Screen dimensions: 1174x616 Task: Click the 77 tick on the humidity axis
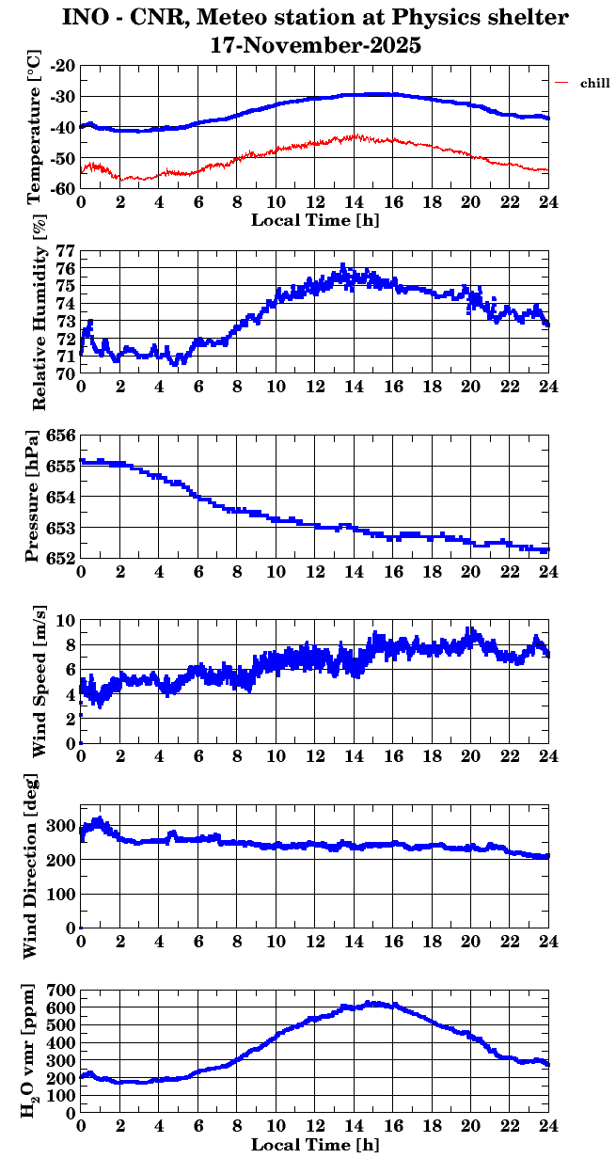[x=67, y=252]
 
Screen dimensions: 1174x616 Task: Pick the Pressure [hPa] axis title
[x=33, y=497]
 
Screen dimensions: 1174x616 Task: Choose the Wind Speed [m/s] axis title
[x=39, y=682]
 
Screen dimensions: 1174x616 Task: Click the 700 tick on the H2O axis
[x=61, y=991]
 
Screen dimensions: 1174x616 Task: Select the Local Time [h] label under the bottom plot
[x=315, y=1145]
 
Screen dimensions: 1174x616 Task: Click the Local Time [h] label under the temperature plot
[x=315, y=219]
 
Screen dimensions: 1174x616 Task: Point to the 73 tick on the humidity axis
[x=67, y=322]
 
